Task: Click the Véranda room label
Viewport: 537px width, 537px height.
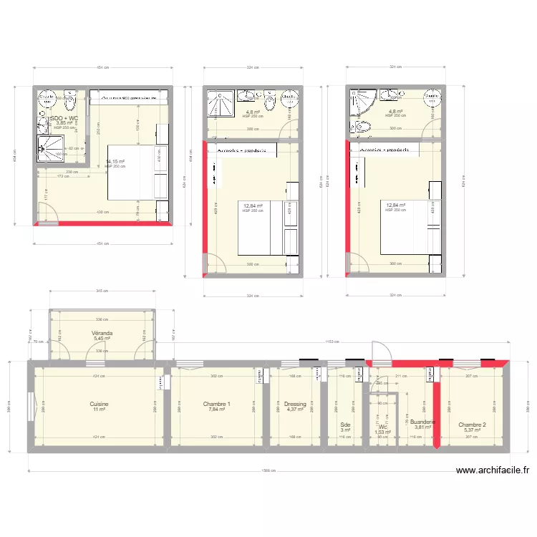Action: (102, 334)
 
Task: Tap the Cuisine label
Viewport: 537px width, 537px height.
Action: (99, 404)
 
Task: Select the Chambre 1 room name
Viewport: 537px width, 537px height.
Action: (217, 404)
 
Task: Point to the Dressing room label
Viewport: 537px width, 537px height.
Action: (295, 404)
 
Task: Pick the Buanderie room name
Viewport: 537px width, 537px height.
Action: (422, 422)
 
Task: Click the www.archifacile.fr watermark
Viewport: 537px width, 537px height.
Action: (492, 470)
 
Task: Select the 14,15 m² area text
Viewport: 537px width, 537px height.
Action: (115, 162)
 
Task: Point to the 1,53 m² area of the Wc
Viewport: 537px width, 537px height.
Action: (383, 432)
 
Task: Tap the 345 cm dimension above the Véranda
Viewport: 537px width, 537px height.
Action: (102, 291)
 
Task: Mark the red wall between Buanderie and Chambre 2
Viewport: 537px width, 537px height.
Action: (436, 408)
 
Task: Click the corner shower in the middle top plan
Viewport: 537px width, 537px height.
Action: (216, 103)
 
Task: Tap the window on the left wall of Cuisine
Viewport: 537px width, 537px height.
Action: (30, 407)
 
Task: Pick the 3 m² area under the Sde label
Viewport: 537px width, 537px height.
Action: (345, 430)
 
